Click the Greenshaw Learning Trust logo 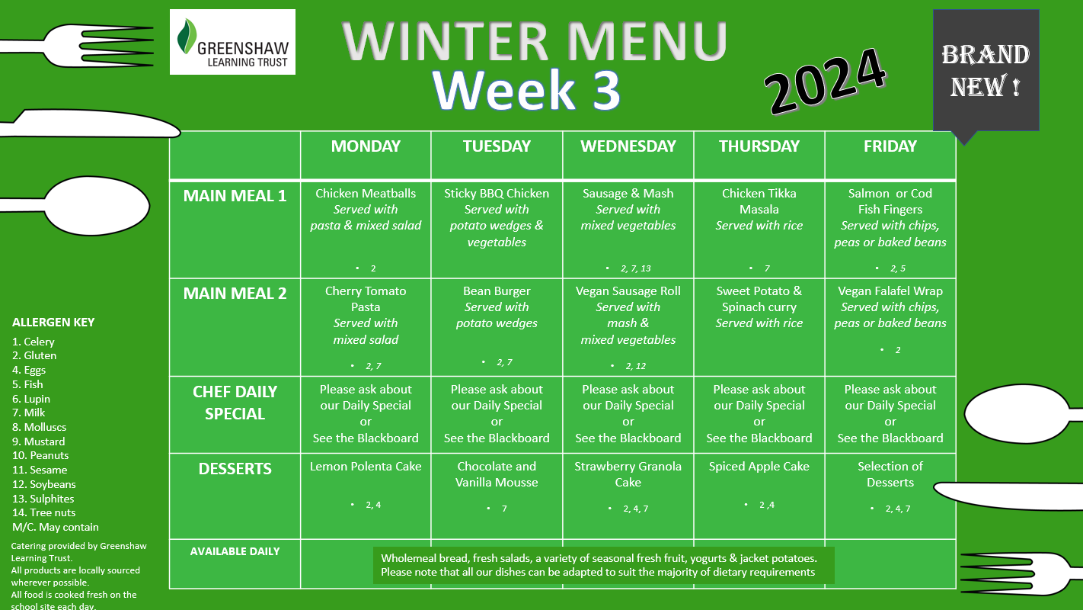click(x=232, y=42)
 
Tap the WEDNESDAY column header click(x=628, y=146)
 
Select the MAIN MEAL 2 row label click(x=235, y=294)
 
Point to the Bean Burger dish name click(x=497, y=291)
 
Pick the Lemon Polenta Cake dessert click(x=366, y=466)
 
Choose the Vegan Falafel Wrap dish click(x=890, y=291)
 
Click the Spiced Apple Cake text click(x=759, y=466)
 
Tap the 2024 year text click(x=826, y=81)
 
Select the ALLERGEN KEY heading click(x=53, y=323)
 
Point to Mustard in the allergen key click(x=39, y=441)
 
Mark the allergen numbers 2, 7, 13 click(x=635, y=268)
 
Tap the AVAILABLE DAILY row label click(x=235, y=551)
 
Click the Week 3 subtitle click(x=526, y=90)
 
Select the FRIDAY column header click(x=890, y=146)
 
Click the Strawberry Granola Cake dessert click(x=628, y=474)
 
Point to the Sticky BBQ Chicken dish click(x=497, y=193)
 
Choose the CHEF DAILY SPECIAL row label click(x=235, y=403)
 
